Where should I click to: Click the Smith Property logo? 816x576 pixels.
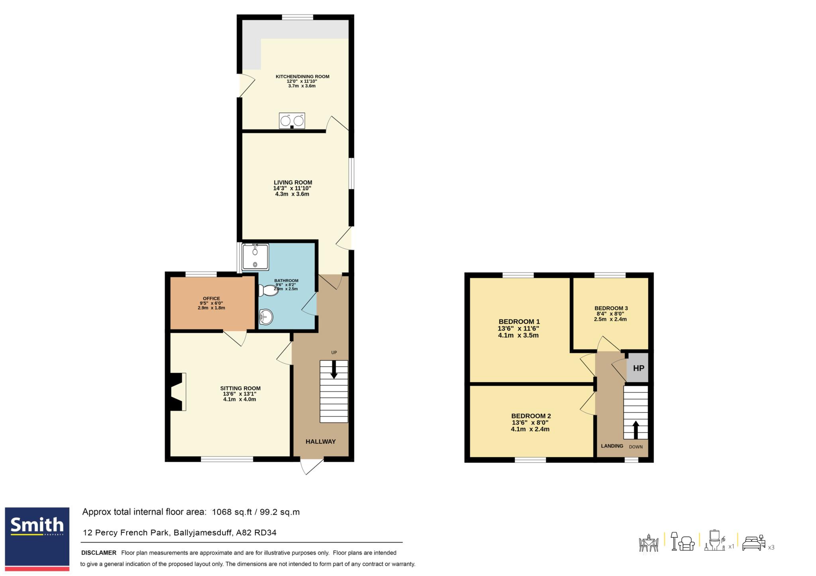click(x=37, y=539)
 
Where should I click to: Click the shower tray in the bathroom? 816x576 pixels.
click(x=255, y=257)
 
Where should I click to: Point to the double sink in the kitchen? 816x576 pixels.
click(x=292, y=121)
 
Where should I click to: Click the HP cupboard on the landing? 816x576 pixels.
click(x=638, y=368)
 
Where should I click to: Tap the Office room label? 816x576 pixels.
click(x=211, y=298)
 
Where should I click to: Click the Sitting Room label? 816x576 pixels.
click(x=240, y=388)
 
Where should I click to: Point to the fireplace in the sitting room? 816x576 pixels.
click(x=178, y=392)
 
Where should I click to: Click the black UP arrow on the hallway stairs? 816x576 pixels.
click(x=334, y=369)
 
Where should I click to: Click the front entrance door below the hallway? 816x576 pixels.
click(x=312, y=466)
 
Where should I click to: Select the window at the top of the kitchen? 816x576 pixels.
click(x=297, y=17)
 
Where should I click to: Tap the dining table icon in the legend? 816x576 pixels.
click(x=649, y=543)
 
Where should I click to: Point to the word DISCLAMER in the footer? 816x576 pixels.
click(x=99, y=553)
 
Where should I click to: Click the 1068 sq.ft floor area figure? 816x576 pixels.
click(x=232, y=512)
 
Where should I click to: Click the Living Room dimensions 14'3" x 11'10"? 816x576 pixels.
click(x=292, y=188)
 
